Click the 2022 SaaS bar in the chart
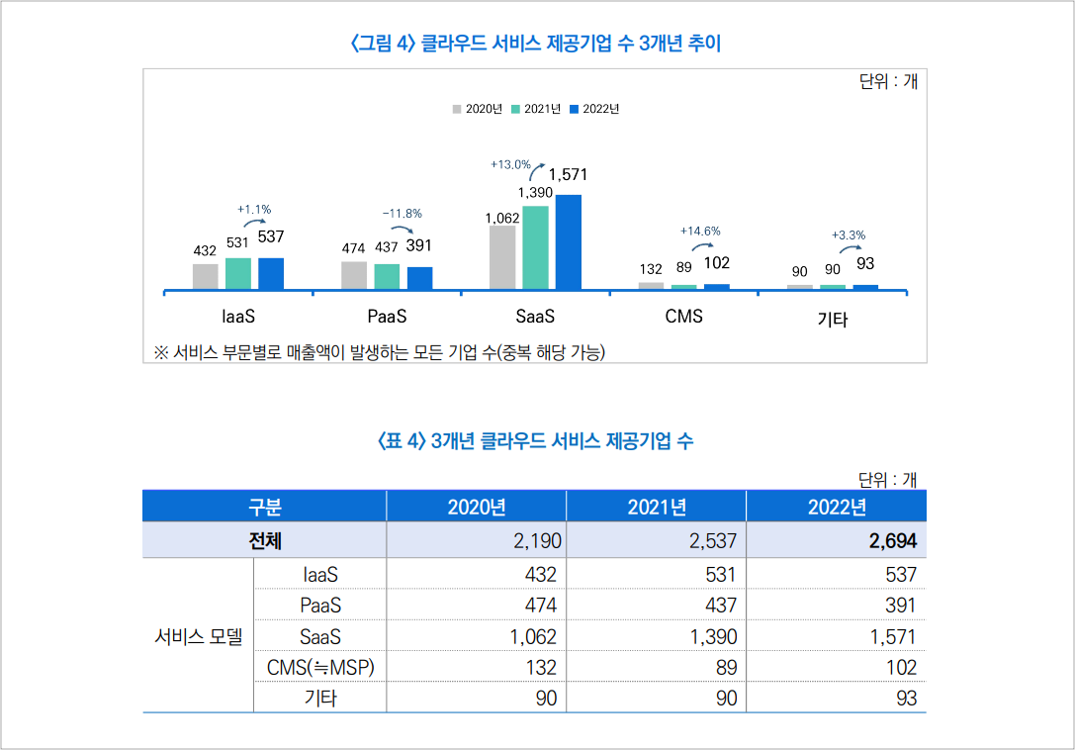[569, 242]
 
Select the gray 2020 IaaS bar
[206, 276]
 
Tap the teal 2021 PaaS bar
[387, 276]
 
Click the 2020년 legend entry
[479, 109]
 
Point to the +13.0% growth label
[510, 164]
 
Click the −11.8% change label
[403, 213]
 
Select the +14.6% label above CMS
[700, 231]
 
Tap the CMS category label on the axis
[683, 317]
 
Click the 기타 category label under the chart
[833, 320]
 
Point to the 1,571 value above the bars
[568, 175]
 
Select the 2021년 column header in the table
[657, 507]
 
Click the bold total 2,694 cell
[892, 541]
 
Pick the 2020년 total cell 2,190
[537, 541]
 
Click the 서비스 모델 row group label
[199, 637]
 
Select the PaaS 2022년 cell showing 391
[901, 606]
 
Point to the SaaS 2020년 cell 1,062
[533, 637]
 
